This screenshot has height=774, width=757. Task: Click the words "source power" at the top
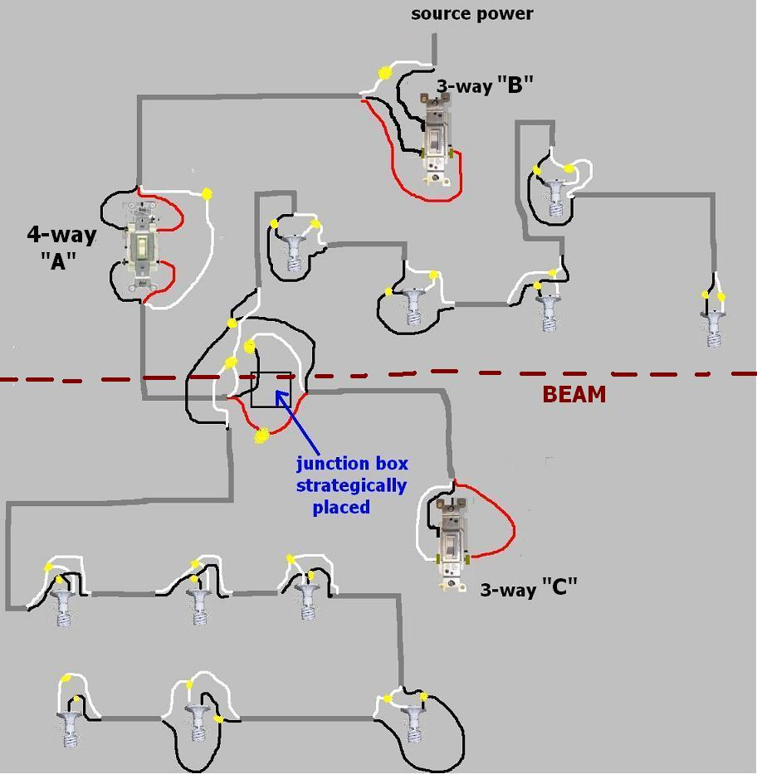471,13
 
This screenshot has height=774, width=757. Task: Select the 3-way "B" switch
436,141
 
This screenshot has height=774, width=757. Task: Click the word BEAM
574,394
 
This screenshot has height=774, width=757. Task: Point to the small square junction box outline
271,389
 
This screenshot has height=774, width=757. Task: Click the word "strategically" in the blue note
351,485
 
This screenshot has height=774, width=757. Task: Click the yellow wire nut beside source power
384,73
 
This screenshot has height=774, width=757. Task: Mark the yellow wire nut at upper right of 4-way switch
206,194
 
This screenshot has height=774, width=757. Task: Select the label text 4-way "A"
61,247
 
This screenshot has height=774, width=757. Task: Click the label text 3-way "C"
529,587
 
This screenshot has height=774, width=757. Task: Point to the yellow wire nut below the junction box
262,435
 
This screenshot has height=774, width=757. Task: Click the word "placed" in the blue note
341,507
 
